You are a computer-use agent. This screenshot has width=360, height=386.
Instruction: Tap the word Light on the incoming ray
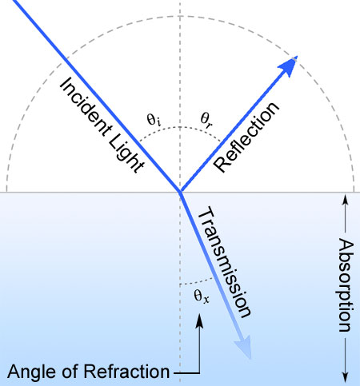[126, 154]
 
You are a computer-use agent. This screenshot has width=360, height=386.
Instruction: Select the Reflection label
[246, 137]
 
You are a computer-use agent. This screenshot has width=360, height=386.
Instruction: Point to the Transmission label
[224, 261]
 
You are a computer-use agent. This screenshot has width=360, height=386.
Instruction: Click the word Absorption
[346, 285]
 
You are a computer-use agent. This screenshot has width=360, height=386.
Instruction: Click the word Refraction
[126, 371]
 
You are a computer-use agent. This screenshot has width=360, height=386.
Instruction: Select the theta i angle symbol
[154, 120]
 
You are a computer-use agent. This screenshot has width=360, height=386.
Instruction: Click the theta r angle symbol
[207, 119]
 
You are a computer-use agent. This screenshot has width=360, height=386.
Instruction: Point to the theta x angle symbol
[202, 296]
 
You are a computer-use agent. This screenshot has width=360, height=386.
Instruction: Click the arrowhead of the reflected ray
[288, 66]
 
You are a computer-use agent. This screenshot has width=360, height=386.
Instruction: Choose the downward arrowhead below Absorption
[346, 376]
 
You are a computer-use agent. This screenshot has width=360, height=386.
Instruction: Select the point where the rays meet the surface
[181, 192]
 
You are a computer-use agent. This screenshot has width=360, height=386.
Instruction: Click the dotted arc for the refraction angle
[197, 282]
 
